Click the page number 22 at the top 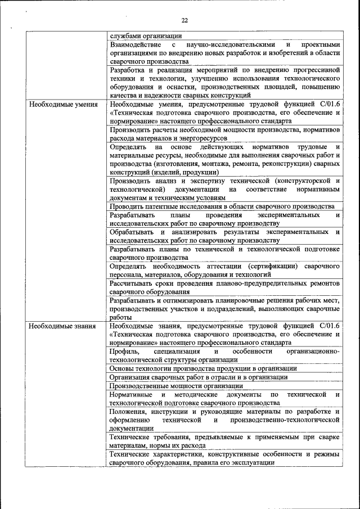184,20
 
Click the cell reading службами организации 142,35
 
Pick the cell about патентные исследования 222,206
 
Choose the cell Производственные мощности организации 176,386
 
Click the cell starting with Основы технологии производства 203,368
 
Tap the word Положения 129,412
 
